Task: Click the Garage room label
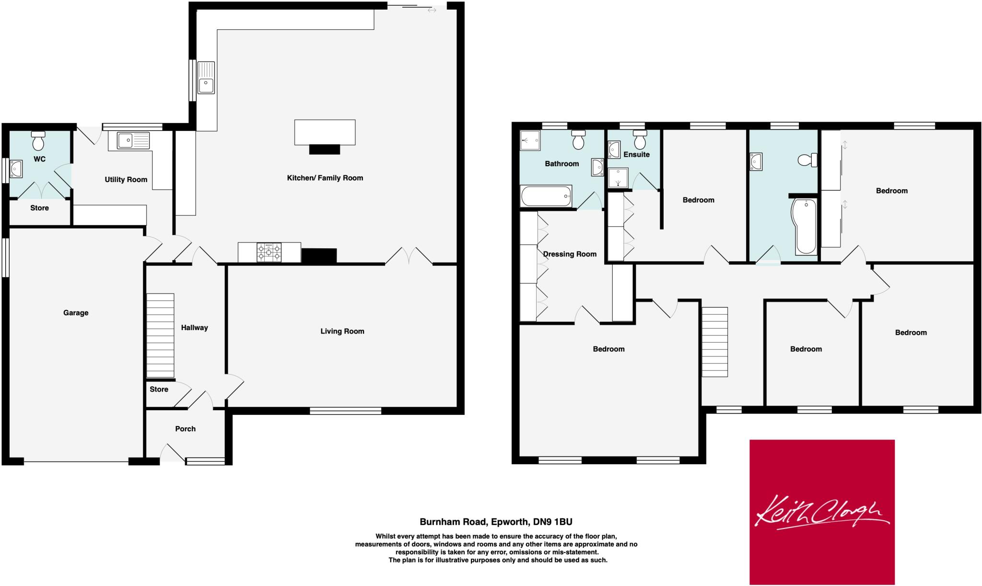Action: click(76, 313)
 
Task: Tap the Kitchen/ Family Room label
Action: click(325, 178)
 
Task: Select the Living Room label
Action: click(342, 331)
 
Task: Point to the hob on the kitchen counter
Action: click(269, 253)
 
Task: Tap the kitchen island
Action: click(325, 132)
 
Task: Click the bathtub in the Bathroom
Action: click(546, 196)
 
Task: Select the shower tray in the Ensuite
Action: click(618, 178)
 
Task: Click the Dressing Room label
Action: click(570, 254)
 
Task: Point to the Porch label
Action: click(185, 429)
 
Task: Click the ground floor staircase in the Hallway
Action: click(160, 335)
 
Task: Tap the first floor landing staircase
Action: click(715, 342)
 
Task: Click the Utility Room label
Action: click(126, 180)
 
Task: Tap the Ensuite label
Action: click(636, 154)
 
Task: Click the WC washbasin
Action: click(16, 168)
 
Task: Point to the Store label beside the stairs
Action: click(159, 390)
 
